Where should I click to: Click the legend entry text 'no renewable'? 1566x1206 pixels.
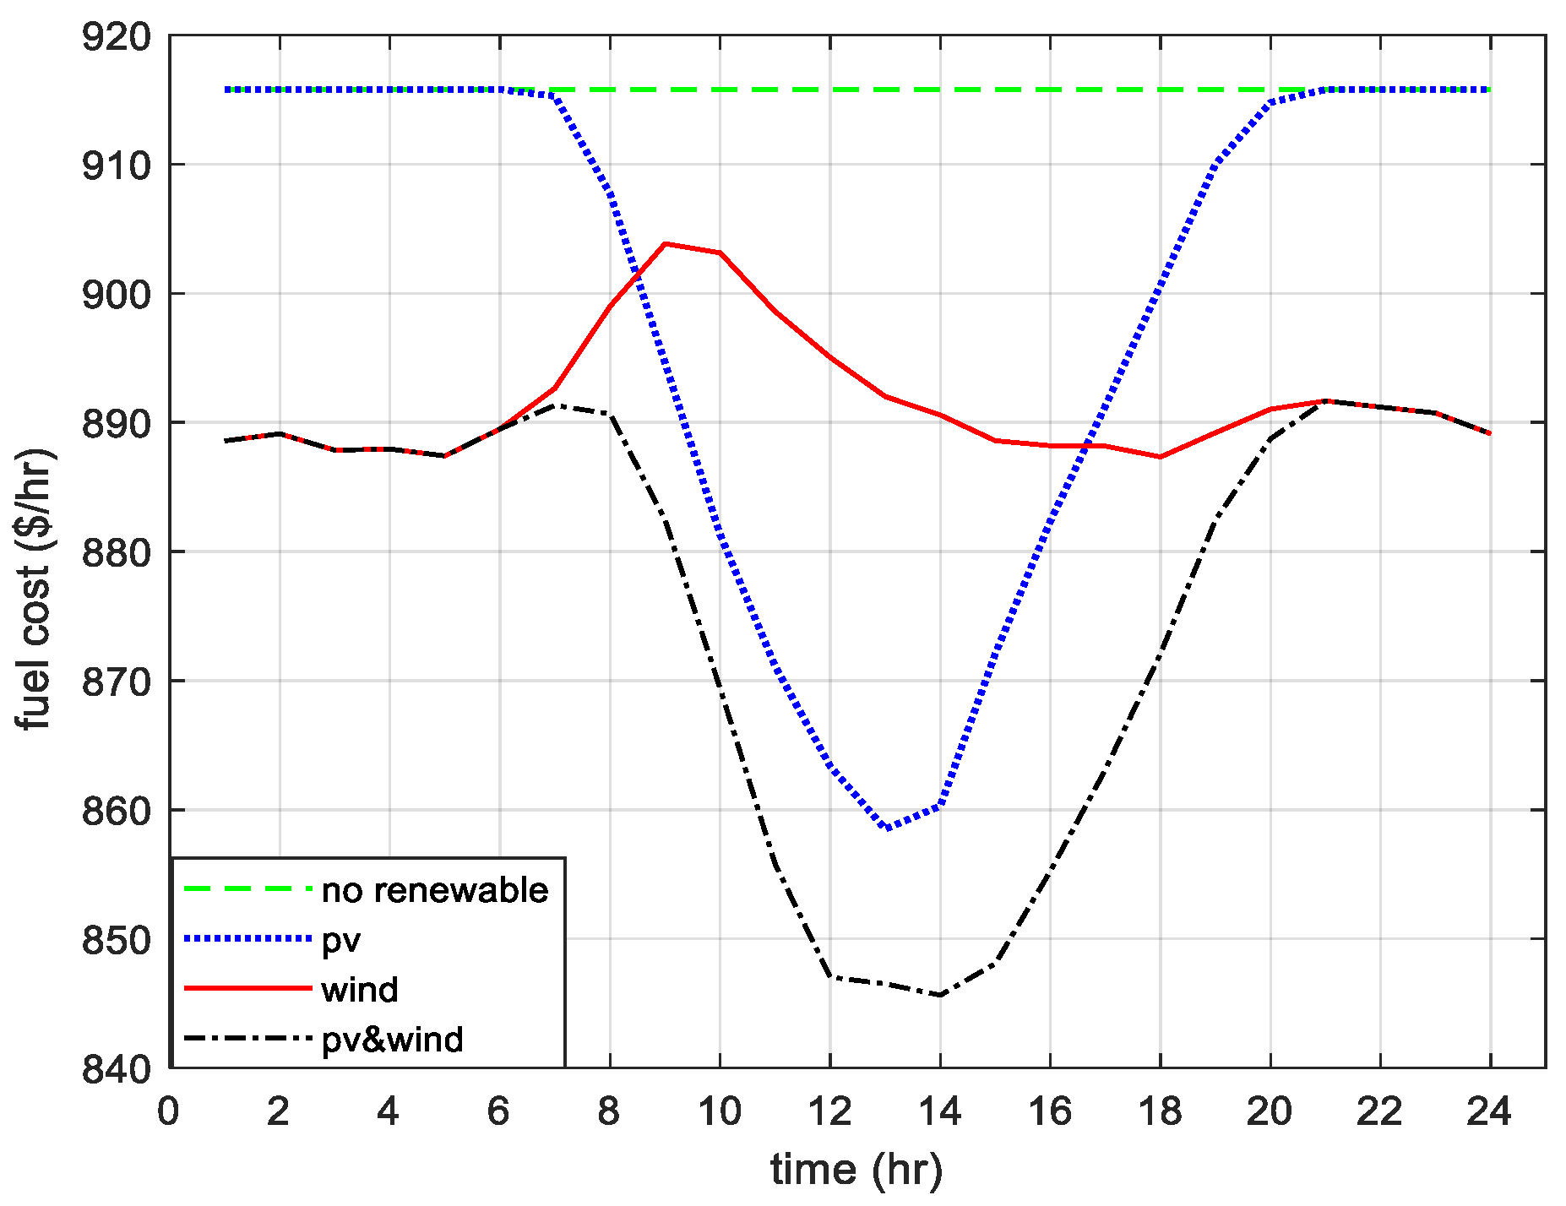pos(435,890)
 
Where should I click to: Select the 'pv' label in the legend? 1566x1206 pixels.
pos(342,940)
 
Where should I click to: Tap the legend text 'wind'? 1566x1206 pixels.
pos(360,989)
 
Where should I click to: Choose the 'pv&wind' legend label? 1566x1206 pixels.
pos(393,1039)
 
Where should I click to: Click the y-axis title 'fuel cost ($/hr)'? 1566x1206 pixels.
pos(35,589)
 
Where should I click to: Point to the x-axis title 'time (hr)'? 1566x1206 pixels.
pos(856,1170)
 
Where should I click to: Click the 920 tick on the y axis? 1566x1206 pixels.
pos(116,37)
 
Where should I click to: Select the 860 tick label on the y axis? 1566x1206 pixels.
pos(116,811)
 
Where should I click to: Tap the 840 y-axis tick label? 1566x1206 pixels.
pos(116,1068)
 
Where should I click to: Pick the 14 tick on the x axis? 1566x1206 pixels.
pos(940,1112)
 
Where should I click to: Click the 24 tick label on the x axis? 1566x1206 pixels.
pos(1490,1112)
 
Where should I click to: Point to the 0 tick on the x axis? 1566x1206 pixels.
pos(169,1112)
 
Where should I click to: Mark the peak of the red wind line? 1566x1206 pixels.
pos(666,244)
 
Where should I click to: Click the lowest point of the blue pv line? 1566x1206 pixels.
pos(886,828)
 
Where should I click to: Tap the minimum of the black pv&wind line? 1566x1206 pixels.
pos(940,995)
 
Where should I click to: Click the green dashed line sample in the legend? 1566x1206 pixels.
pos(247,888)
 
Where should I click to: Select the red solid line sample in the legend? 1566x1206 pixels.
pos(247,988)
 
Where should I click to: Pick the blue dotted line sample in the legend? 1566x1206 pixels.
pos(247,938)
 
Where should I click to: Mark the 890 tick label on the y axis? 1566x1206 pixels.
pos(116,424)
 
